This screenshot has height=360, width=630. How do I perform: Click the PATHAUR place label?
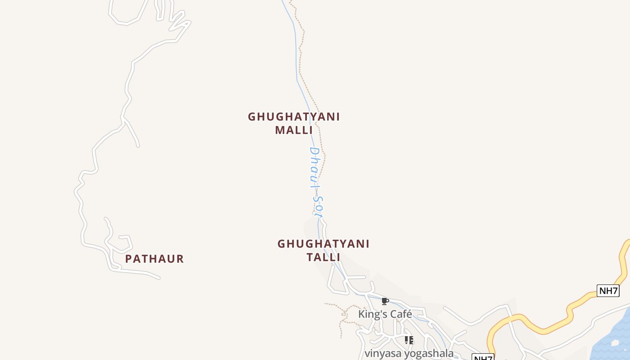click(x=154, y=259)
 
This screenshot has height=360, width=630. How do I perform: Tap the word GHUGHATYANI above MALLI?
click(x=294, y=117)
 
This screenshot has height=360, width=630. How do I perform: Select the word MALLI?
click(x=294, y=130)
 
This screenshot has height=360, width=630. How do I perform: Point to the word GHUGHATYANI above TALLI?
click(x=323, y=244)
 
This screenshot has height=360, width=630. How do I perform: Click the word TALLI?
click(x=323, y=257)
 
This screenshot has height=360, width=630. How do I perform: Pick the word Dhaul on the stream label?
click(x=315, y=166)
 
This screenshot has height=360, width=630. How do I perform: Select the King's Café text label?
click(x=385, y=314)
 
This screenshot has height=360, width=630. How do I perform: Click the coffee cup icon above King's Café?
click(x=385, y=301)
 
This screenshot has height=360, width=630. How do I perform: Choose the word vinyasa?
click(x=383, y=354)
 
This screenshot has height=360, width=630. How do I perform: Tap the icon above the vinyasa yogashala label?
click(x=409, y=340)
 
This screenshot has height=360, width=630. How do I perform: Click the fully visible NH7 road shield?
click(x=608, y=291)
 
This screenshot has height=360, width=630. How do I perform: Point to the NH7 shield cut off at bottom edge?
click(x=483, y=357)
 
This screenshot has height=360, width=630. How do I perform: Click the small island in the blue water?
click(x=615, y=343)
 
